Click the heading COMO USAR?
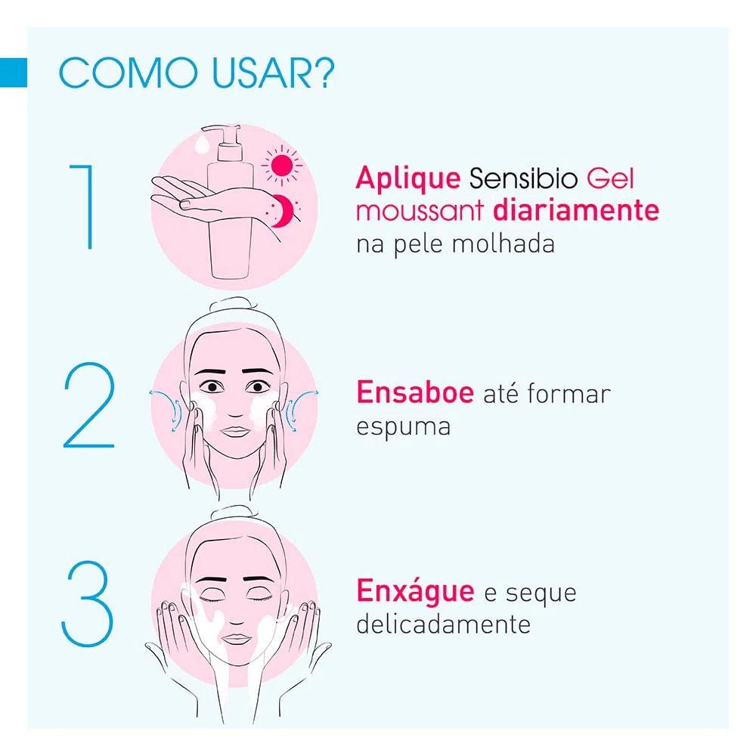click(197, 73)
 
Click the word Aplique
click(408, 180)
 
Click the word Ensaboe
click(415, 394)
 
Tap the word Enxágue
click(415, 592)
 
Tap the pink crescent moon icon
click(282, 209)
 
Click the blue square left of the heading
click(14, 73)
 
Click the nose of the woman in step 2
click(234, 411)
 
